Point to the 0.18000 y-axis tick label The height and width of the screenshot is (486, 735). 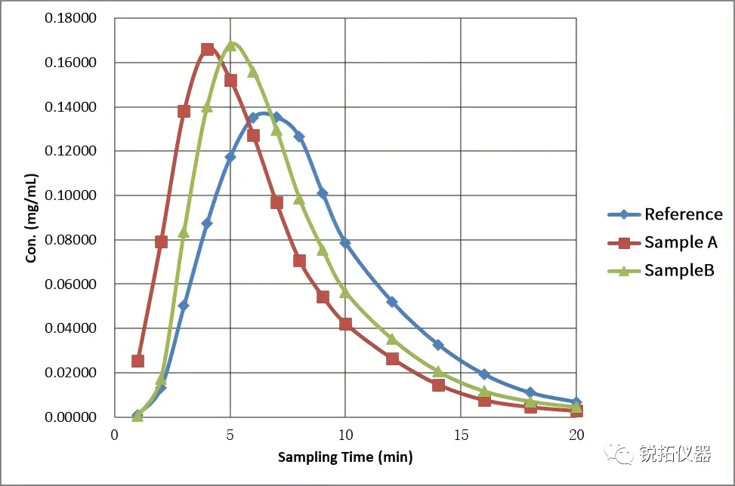71,18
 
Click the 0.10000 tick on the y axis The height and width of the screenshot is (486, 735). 71,195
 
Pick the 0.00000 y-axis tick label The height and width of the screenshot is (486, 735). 71,417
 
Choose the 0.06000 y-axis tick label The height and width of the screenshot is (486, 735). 71,285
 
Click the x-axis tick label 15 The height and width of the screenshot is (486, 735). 461,435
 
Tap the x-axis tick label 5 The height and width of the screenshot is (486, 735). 230,435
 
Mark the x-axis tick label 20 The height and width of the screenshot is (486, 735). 576,435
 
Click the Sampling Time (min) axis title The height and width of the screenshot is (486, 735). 345,457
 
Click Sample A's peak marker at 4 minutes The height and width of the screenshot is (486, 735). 208,50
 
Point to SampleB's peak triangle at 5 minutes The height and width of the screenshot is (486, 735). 231,46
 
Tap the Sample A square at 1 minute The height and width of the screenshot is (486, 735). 137,361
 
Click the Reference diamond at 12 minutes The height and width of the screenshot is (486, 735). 392,302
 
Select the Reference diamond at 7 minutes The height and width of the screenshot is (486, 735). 276,117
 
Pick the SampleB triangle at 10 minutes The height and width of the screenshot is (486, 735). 345,292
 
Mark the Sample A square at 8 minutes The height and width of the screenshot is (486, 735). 299,261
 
